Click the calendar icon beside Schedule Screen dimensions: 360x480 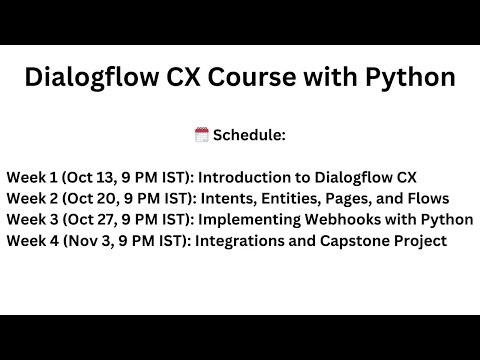[201, 134]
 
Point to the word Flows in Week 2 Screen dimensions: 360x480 [427, 198]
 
